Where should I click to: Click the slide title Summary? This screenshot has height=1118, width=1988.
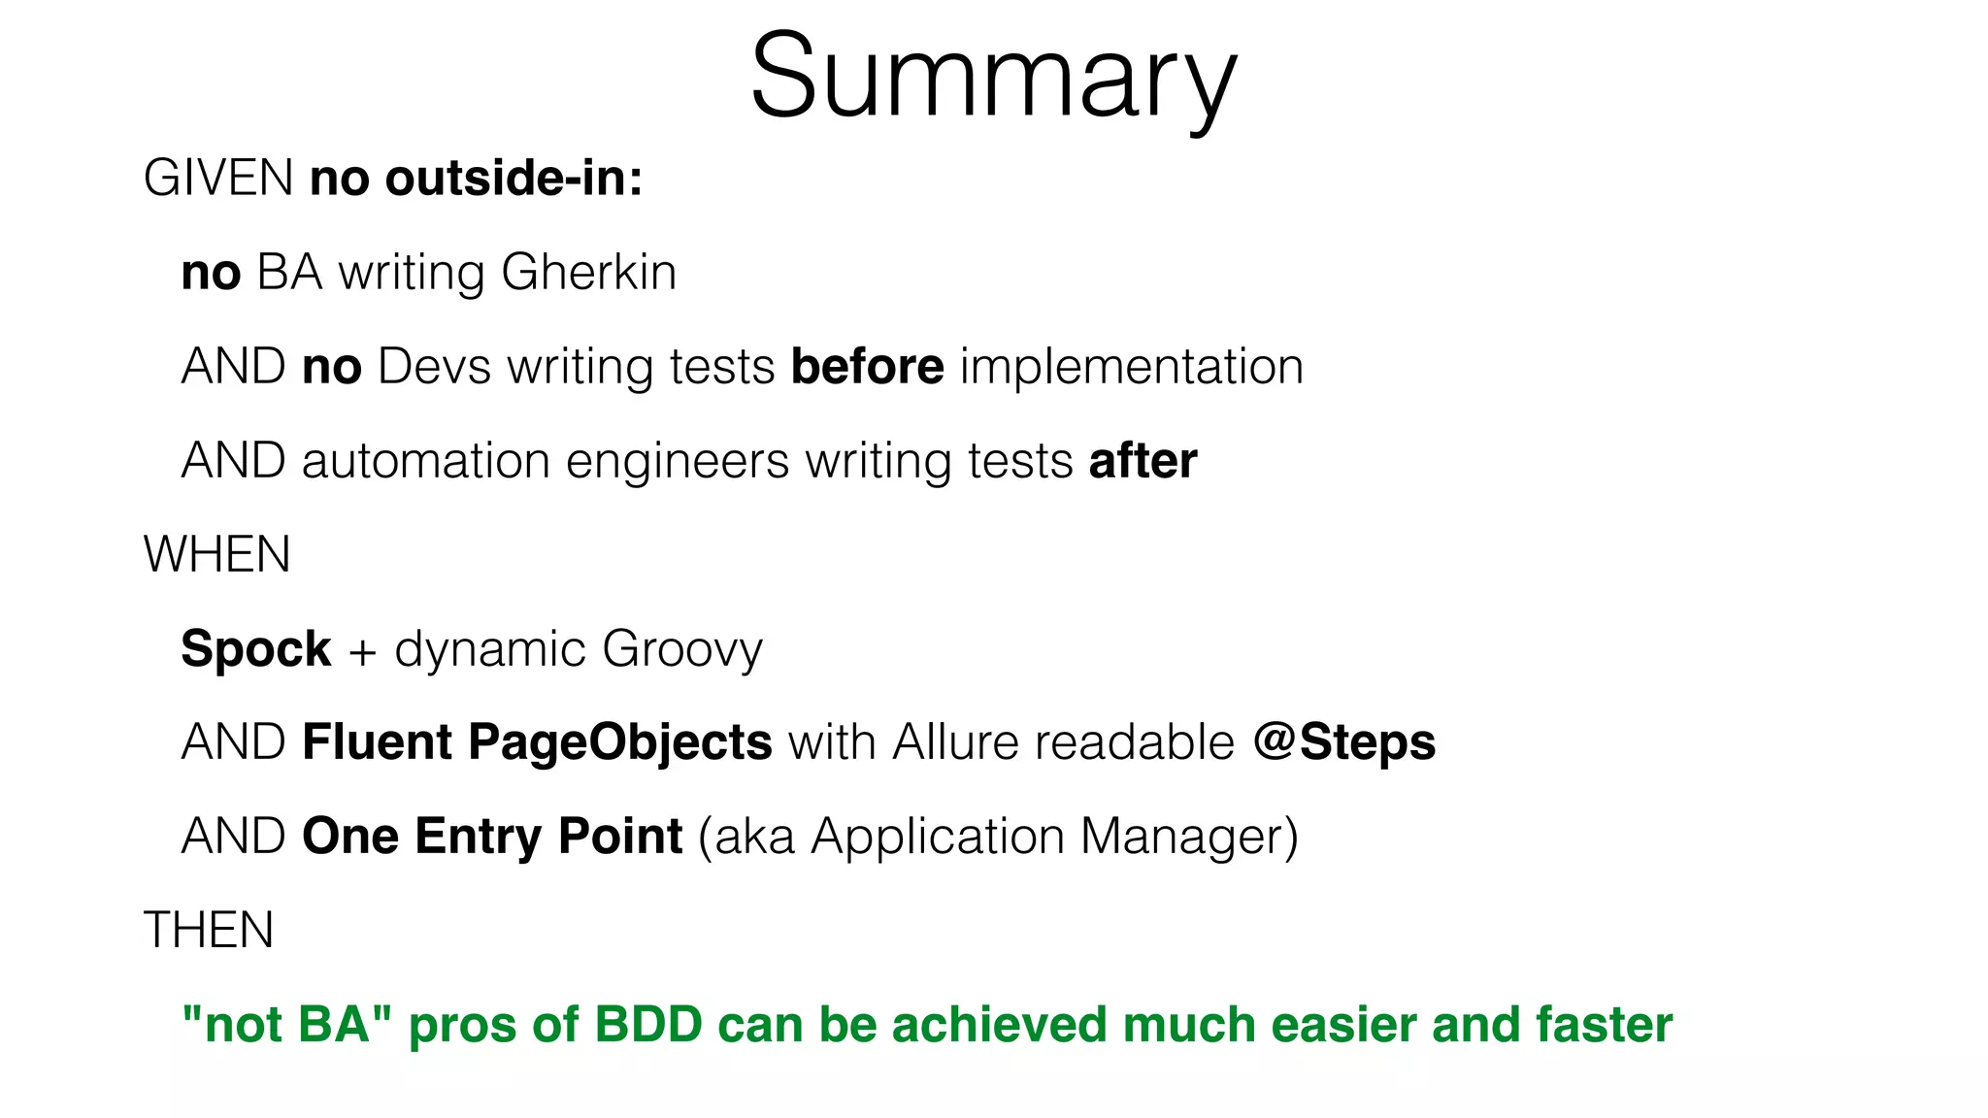[993, 78]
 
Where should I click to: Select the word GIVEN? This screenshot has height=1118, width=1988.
[218, 179]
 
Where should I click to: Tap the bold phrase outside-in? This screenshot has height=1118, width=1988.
[514, 179]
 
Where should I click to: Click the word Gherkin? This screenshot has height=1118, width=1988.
[589, 273]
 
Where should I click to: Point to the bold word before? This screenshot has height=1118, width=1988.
[867, 367]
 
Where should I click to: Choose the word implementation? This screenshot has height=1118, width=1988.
[1132, 367]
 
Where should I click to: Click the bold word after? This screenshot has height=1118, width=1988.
[1143, 461]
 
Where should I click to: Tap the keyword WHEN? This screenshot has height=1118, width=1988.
[217, 555]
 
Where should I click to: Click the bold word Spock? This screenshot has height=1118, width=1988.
[256, 648]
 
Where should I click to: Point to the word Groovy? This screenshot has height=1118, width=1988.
[682, 649]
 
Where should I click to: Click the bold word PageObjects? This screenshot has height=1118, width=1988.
[619, 742]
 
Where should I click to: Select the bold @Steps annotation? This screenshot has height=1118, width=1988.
[1344, 742]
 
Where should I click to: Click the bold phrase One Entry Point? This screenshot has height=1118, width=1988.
[492, 837]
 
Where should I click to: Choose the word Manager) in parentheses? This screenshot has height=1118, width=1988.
[1189, 837]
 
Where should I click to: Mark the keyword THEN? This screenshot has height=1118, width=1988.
[209, 930]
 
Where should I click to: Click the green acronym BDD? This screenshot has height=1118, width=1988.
[648, 1025]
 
